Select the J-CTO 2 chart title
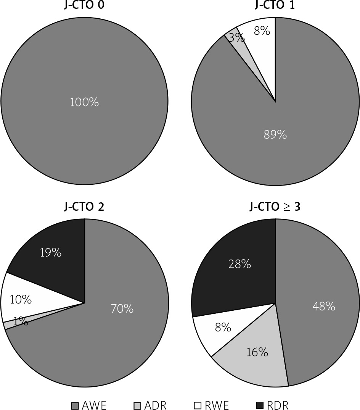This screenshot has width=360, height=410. [x=84, y=207]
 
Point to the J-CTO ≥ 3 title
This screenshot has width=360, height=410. [x=275, y=207]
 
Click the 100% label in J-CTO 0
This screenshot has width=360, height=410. [x=84, y=102]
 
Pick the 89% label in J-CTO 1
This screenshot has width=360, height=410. [x=275, y=135]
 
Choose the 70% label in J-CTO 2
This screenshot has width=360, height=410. [x=122, y=309]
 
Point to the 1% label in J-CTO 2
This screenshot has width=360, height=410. [x=20, y=322]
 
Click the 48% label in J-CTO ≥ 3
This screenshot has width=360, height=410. [x=324, y=306]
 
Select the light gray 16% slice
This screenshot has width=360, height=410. [x=257, y=352]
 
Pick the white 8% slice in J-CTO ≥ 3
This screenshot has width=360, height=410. [x=223, y=327]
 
